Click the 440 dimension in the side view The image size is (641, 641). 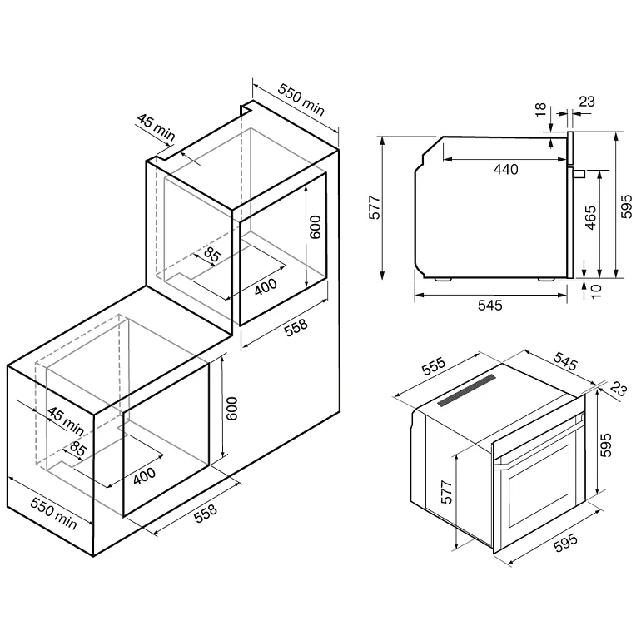[x=505, y=169]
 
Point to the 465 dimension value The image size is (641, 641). [x=589, y=222]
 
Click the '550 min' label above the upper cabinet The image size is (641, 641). [x=300, y=102]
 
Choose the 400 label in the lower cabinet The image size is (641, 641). [x=145, y=476]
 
